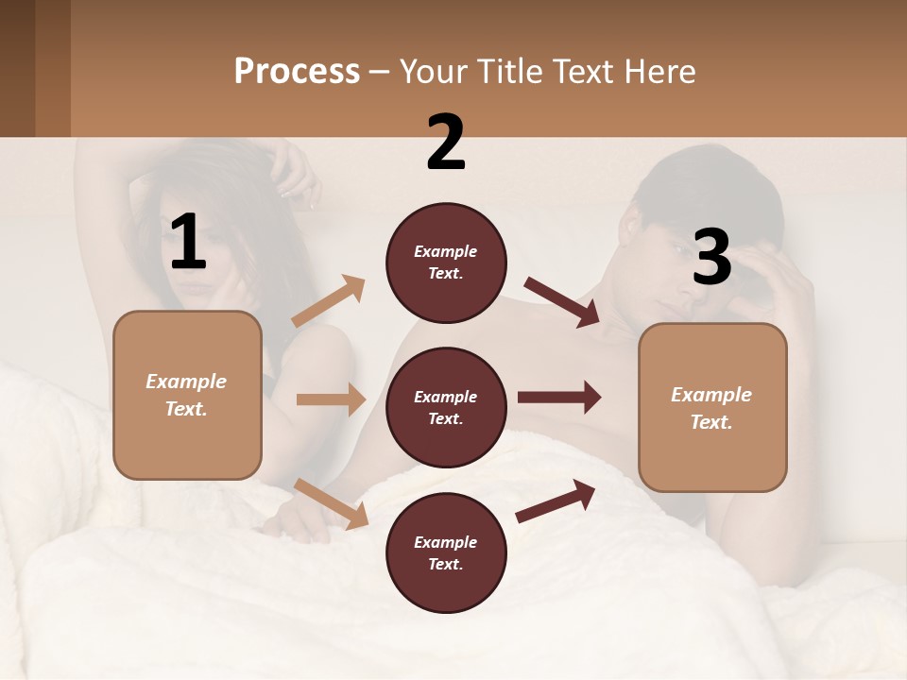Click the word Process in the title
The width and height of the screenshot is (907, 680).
pos(297,71)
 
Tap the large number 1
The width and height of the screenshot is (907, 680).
pos(188,243)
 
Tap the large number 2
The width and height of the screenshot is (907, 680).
pos(446,143)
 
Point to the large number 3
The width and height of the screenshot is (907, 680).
pos(711,257)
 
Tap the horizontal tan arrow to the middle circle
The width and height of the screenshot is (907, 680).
pos(331,399)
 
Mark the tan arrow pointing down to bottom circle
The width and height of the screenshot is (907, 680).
pos(332,503)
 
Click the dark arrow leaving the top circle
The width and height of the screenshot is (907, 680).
pos(562,302)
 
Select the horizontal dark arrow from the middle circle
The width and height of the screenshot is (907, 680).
pos(559,398)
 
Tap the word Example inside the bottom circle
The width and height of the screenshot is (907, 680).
pos(445,542)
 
